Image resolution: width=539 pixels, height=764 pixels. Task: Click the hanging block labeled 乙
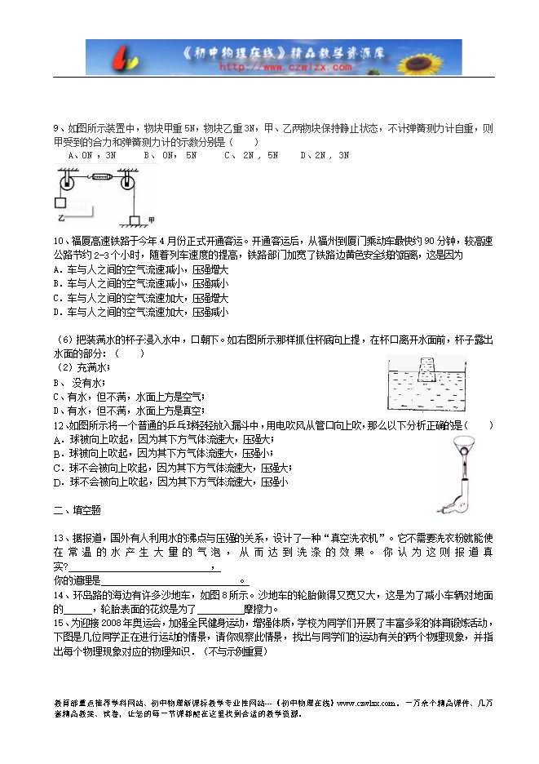[x=60, y=204]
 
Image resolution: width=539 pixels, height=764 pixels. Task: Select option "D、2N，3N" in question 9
[x=325, y=154]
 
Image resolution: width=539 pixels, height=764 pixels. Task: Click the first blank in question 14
[x=78, y=609]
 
